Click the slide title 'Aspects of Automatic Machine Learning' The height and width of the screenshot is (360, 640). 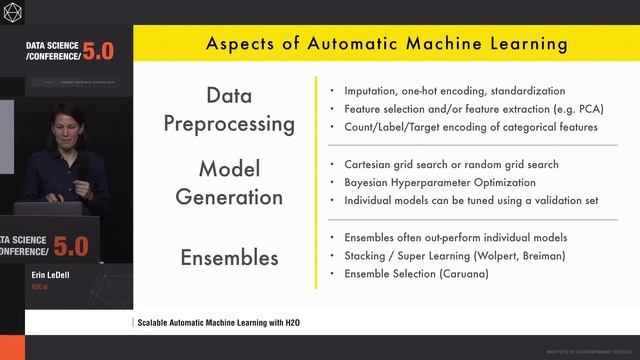[387, 44]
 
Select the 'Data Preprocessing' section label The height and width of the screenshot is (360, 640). [236, 110]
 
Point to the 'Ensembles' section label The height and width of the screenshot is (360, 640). [229, 257]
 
